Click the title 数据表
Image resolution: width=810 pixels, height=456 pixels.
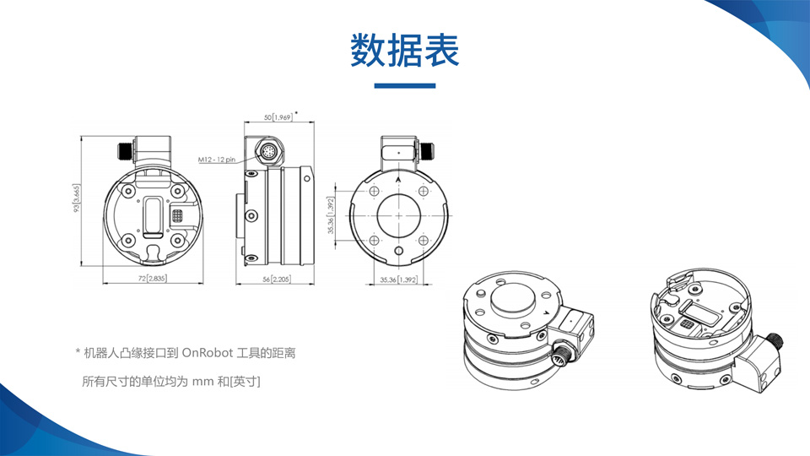coord(404,50)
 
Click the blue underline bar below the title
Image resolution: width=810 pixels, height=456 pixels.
coord(404,86)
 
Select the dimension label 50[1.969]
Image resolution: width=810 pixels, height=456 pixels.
coord(278,117)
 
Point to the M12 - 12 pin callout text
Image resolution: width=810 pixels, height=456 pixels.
coord(217,160)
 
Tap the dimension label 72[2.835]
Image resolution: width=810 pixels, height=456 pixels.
coord(153,279)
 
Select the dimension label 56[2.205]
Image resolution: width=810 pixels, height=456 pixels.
coord(276,280)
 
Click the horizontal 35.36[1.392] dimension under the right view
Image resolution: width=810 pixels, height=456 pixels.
coord(398,280)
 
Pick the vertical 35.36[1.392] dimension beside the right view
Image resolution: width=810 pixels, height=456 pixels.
coord(331,215)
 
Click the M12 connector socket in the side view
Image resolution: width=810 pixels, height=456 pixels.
coord(267,151)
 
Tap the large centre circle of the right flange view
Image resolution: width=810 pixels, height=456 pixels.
coord(398,215)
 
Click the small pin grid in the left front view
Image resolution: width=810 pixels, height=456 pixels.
coord(177,215)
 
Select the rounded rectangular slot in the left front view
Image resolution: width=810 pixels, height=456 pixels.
coord(154,216)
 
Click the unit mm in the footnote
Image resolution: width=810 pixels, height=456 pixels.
coord(202,382)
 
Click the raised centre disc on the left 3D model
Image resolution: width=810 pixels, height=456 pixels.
coord(512,298)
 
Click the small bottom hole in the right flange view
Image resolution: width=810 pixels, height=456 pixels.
coord(398,252)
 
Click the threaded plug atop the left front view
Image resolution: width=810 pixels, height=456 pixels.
coord(126,152)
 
